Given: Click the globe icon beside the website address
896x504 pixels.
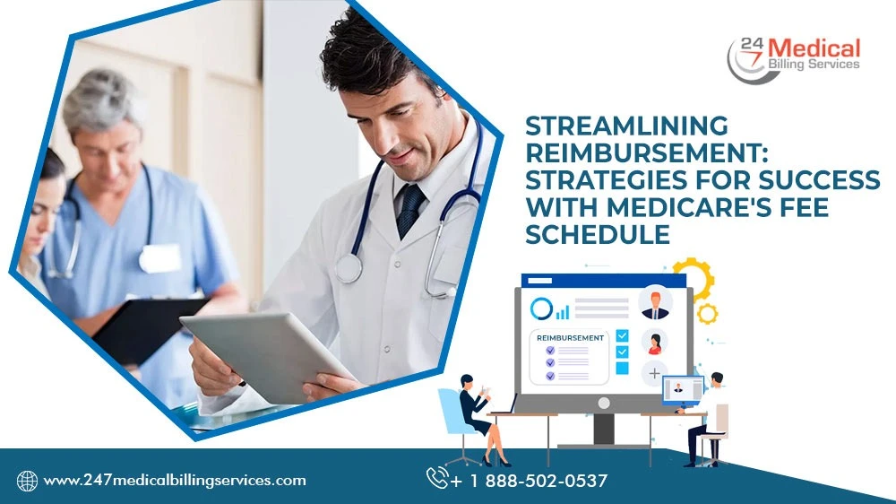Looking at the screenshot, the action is pyautogui.click(x=27, y=481).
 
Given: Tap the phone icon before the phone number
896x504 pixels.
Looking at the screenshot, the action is pyautogui.click(x=437, y=478).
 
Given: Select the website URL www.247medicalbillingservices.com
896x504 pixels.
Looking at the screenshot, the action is pyautogui.click(x=175, y=481).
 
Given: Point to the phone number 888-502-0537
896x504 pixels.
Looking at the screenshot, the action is pyautogui.click(x=547, y=481).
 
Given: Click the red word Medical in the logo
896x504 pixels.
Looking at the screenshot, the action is pyautogui.click(x=814, y=48).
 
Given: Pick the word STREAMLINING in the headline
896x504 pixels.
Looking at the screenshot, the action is pyautogui.click(x=627, y=126).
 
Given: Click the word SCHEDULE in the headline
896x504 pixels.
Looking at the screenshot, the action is pyautogui.click(x=598, y=235).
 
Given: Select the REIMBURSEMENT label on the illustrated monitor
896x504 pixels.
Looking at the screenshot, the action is pyautogui.click(x=570, y=338).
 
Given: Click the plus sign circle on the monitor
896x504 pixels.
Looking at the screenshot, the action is pyautogui.click(x=654, y=374).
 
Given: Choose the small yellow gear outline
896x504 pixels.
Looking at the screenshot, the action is pyautogui.click(x=708, y=314).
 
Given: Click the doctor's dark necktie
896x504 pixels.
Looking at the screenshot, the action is pyautogui.click(x=411, y=209).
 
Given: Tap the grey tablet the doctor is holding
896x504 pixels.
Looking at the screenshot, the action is pyautogui.click(x=269, y=355).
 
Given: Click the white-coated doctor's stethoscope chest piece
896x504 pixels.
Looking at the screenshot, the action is pyautogui.click(x=349, y=268).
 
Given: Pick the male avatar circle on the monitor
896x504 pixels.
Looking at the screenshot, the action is pyautogui.click(x=655, y=302).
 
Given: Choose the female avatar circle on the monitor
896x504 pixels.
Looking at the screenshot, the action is pyautogui.click(x=654, y=342).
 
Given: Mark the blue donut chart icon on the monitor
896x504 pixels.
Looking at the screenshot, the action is pyautogui.click(x=541, y=308).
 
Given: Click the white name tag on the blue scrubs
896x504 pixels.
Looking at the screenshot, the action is pyautogui.click(x=160, y=258).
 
